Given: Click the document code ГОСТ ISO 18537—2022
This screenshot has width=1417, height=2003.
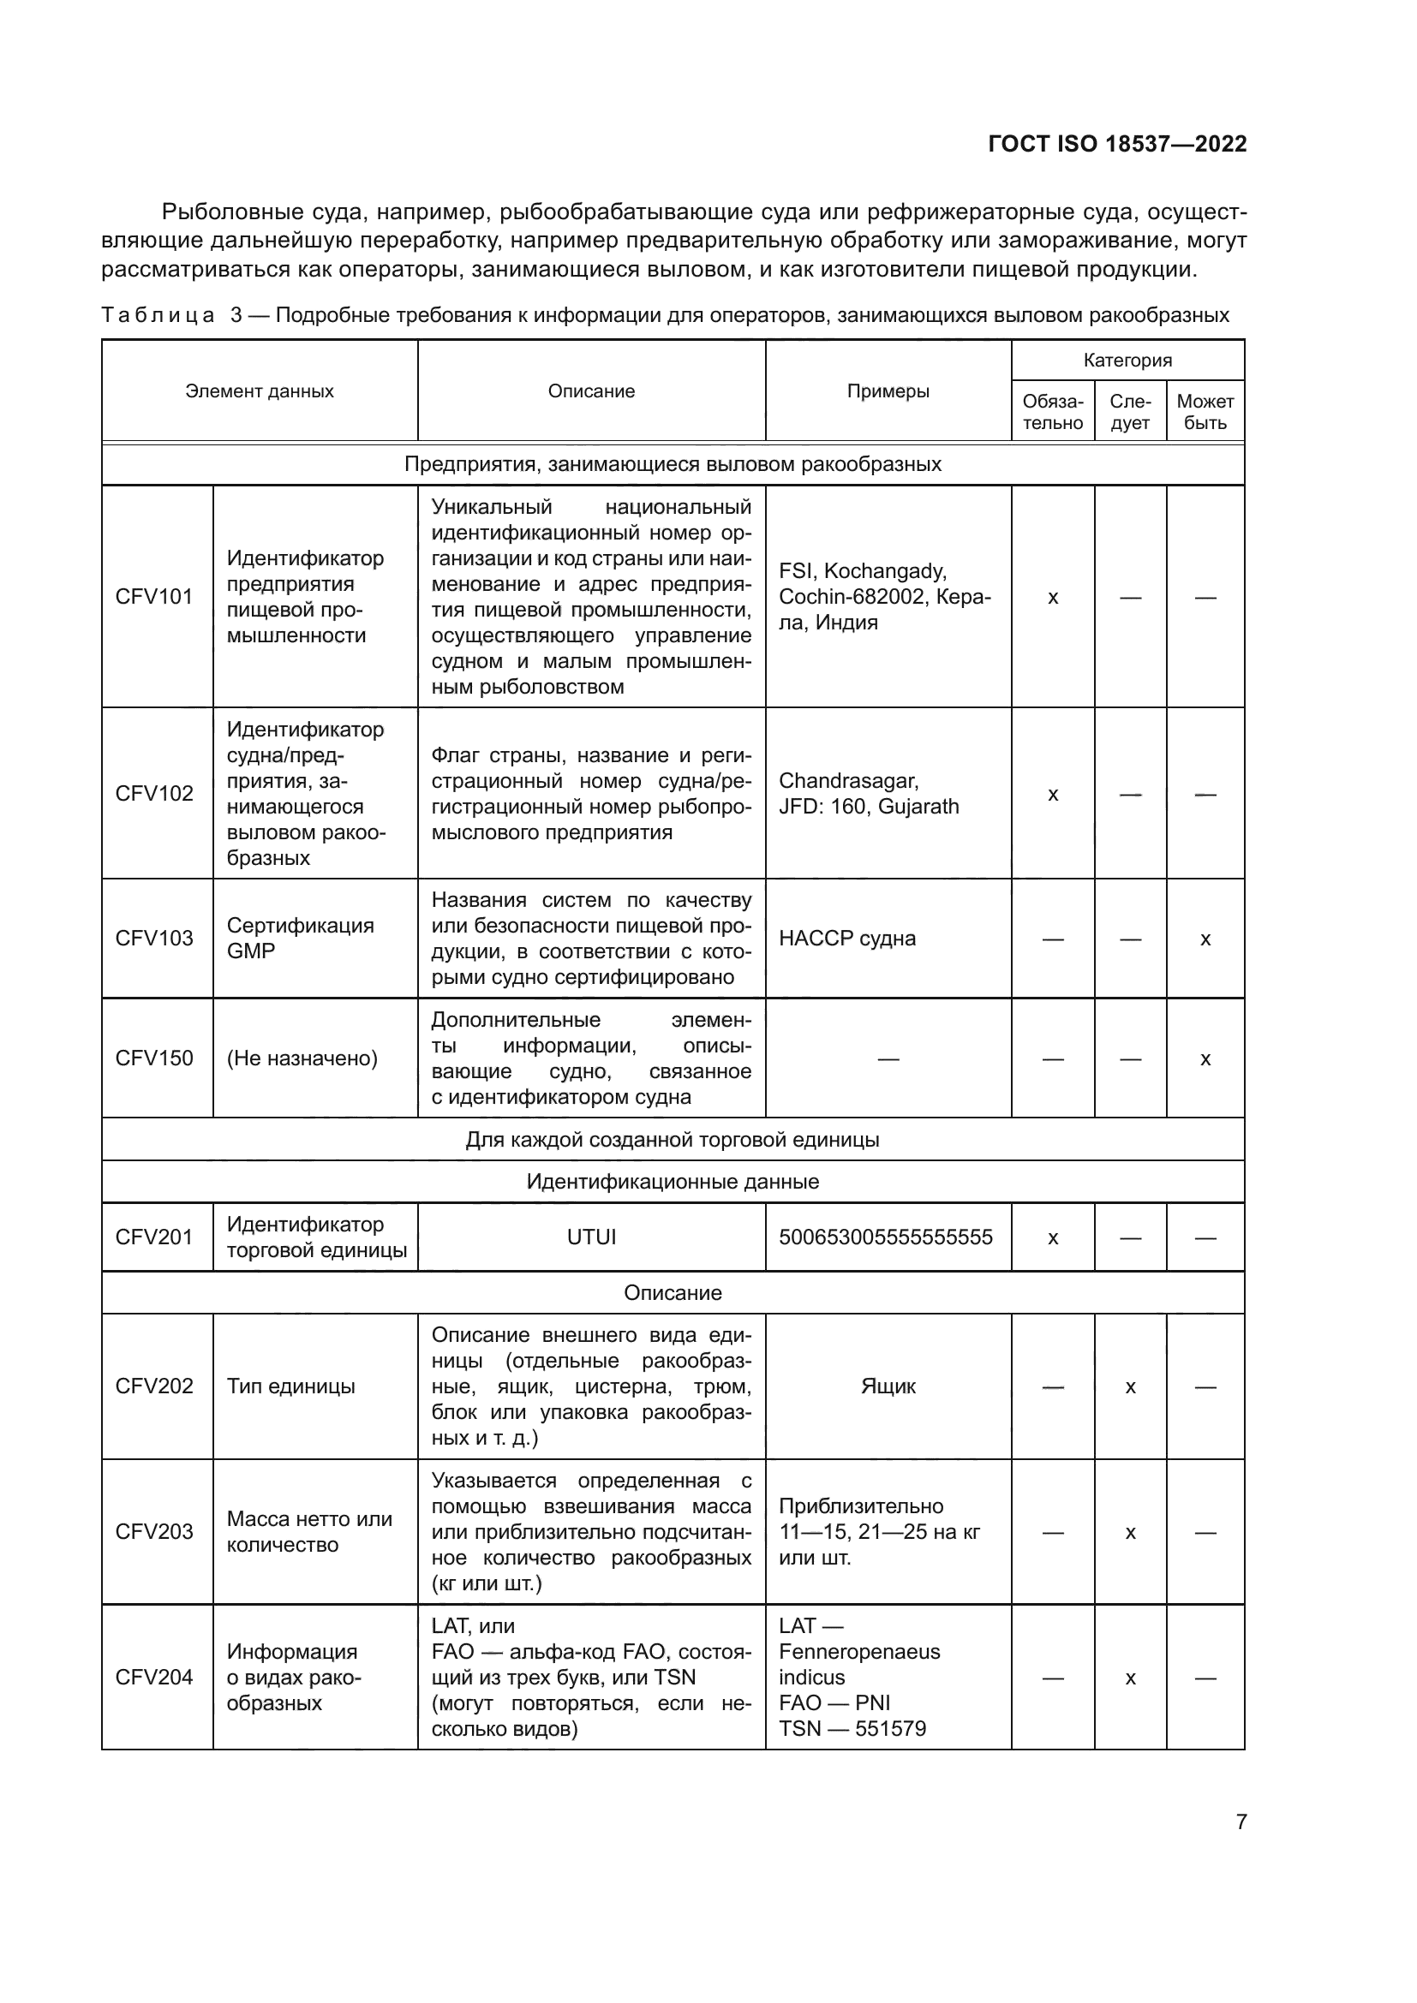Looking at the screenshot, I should pos(1117,144).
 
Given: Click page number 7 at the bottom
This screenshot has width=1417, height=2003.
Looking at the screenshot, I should pos(1241,1822).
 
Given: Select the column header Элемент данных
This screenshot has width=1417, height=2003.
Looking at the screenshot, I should pos(259,390).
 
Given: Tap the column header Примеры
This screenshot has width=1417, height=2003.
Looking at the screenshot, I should pos(888,390).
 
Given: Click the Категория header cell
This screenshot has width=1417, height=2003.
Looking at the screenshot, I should pos(1127,361).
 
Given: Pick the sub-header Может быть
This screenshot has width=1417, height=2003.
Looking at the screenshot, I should pos(1205,412).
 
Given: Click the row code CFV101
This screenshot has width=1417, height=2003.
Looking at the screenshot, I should pos(153,597).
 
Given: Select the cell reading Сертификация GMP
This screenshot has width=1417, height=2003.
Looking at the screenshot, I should pos(300,938).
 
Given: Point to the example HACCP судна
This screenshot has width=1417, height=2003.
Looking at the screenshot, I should pos(846,939).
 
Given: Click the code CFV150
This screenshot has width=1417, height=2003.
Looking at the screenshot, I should pos(153,1058).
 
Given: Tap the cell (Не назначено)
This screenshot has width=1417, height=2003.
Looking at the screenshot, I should pos(302,1058).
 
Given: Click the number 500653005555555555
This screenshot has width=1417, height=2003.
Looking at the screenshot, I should pos(885,1237).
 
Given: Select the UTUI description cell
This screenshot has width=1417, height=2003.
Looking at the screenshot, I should pos(591,1237).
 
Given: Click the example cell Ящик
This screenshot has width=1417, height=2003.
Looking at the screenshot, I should pos(888,1386).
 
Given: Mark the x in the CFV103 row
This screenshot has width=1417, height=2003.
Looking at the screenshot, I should pos(1205,939).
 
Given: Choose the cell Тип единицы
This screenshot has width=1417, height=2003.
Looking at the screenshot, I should pos(290,1386).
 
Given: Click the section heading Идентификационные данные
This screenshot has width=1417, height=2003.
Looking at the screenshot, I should pos(672,1182).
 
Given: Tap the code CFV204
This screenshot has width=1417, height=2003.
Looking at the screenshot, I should pos(153,1677).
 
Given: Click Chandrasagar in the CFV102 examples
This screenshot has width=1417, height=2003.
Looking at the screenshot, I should pos(847,780).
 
